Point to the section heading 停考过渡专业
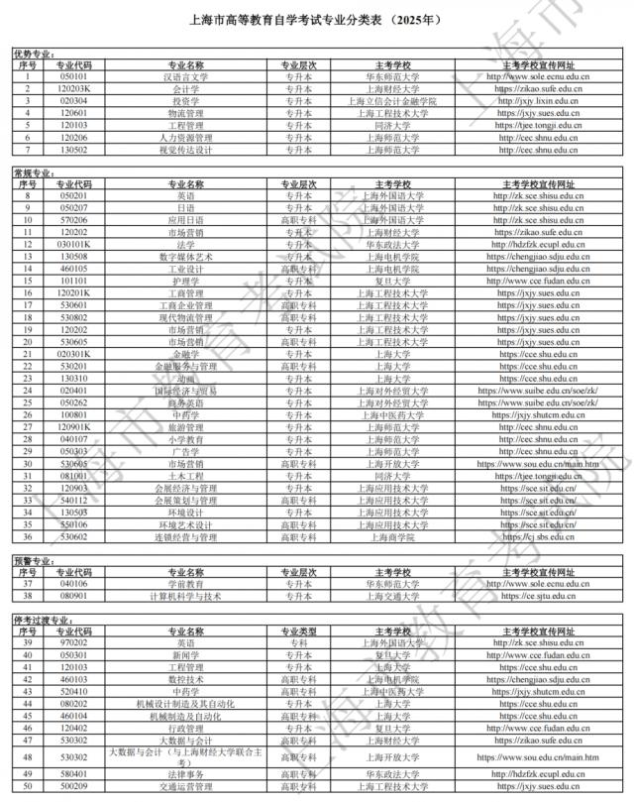pos(41,620)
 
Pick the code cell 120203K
pos(73,88)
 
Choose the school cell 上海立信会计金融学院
pos(392,101)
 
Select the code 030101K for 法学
pos(73,244)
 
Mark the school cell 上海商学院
pos(392,537)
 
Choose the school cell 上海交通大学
pos(392,597)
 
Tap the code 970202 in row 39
pos(73,642)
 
